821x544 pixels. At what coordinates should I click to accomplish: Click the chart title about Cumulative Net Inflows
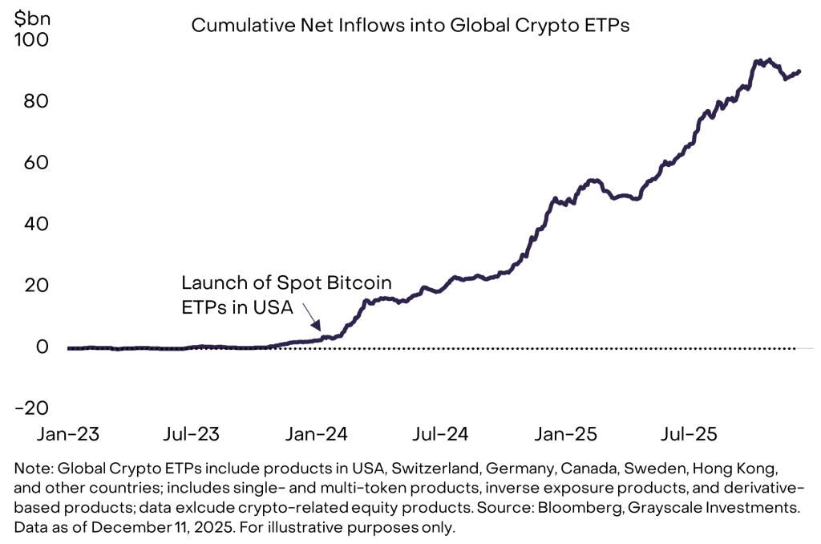pyautogui.click(x=410, y=26)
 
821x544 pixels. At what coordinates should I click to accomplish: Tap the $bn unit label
pyautogui.click(x=30, y=17)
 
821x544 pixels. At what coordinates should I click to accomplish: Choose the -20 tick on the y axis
pyautogui.click(x=31, y=407)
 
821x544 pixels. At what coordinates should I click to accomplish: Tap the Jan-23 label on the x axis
pyautogui.click(x=68, y=434)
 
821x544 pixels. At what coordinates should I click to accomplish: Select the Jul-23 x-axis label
pyautogui.click(x=192, y=434)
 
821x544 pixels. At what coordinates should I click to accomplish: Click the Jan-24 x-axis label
pyautogui.click(x=316, y=434)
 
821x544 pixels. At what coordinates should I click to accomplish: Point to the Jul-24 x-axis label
pyautogui.click(x=440, y=434)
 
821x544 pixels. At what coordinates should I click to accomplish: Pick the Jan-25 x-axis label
pyautogui.click(x=565, y=434)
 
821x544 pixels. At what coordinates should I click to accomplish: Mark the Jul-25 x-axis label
pyautogui.click(x=689, y=434)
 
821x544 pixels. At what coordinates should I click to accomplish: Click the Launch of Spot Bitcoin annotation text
pyautogui.click(x=286, y=283)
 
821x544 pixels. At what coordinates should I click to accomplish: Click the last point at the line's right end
pyautogui.click(x=799, y=71)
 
